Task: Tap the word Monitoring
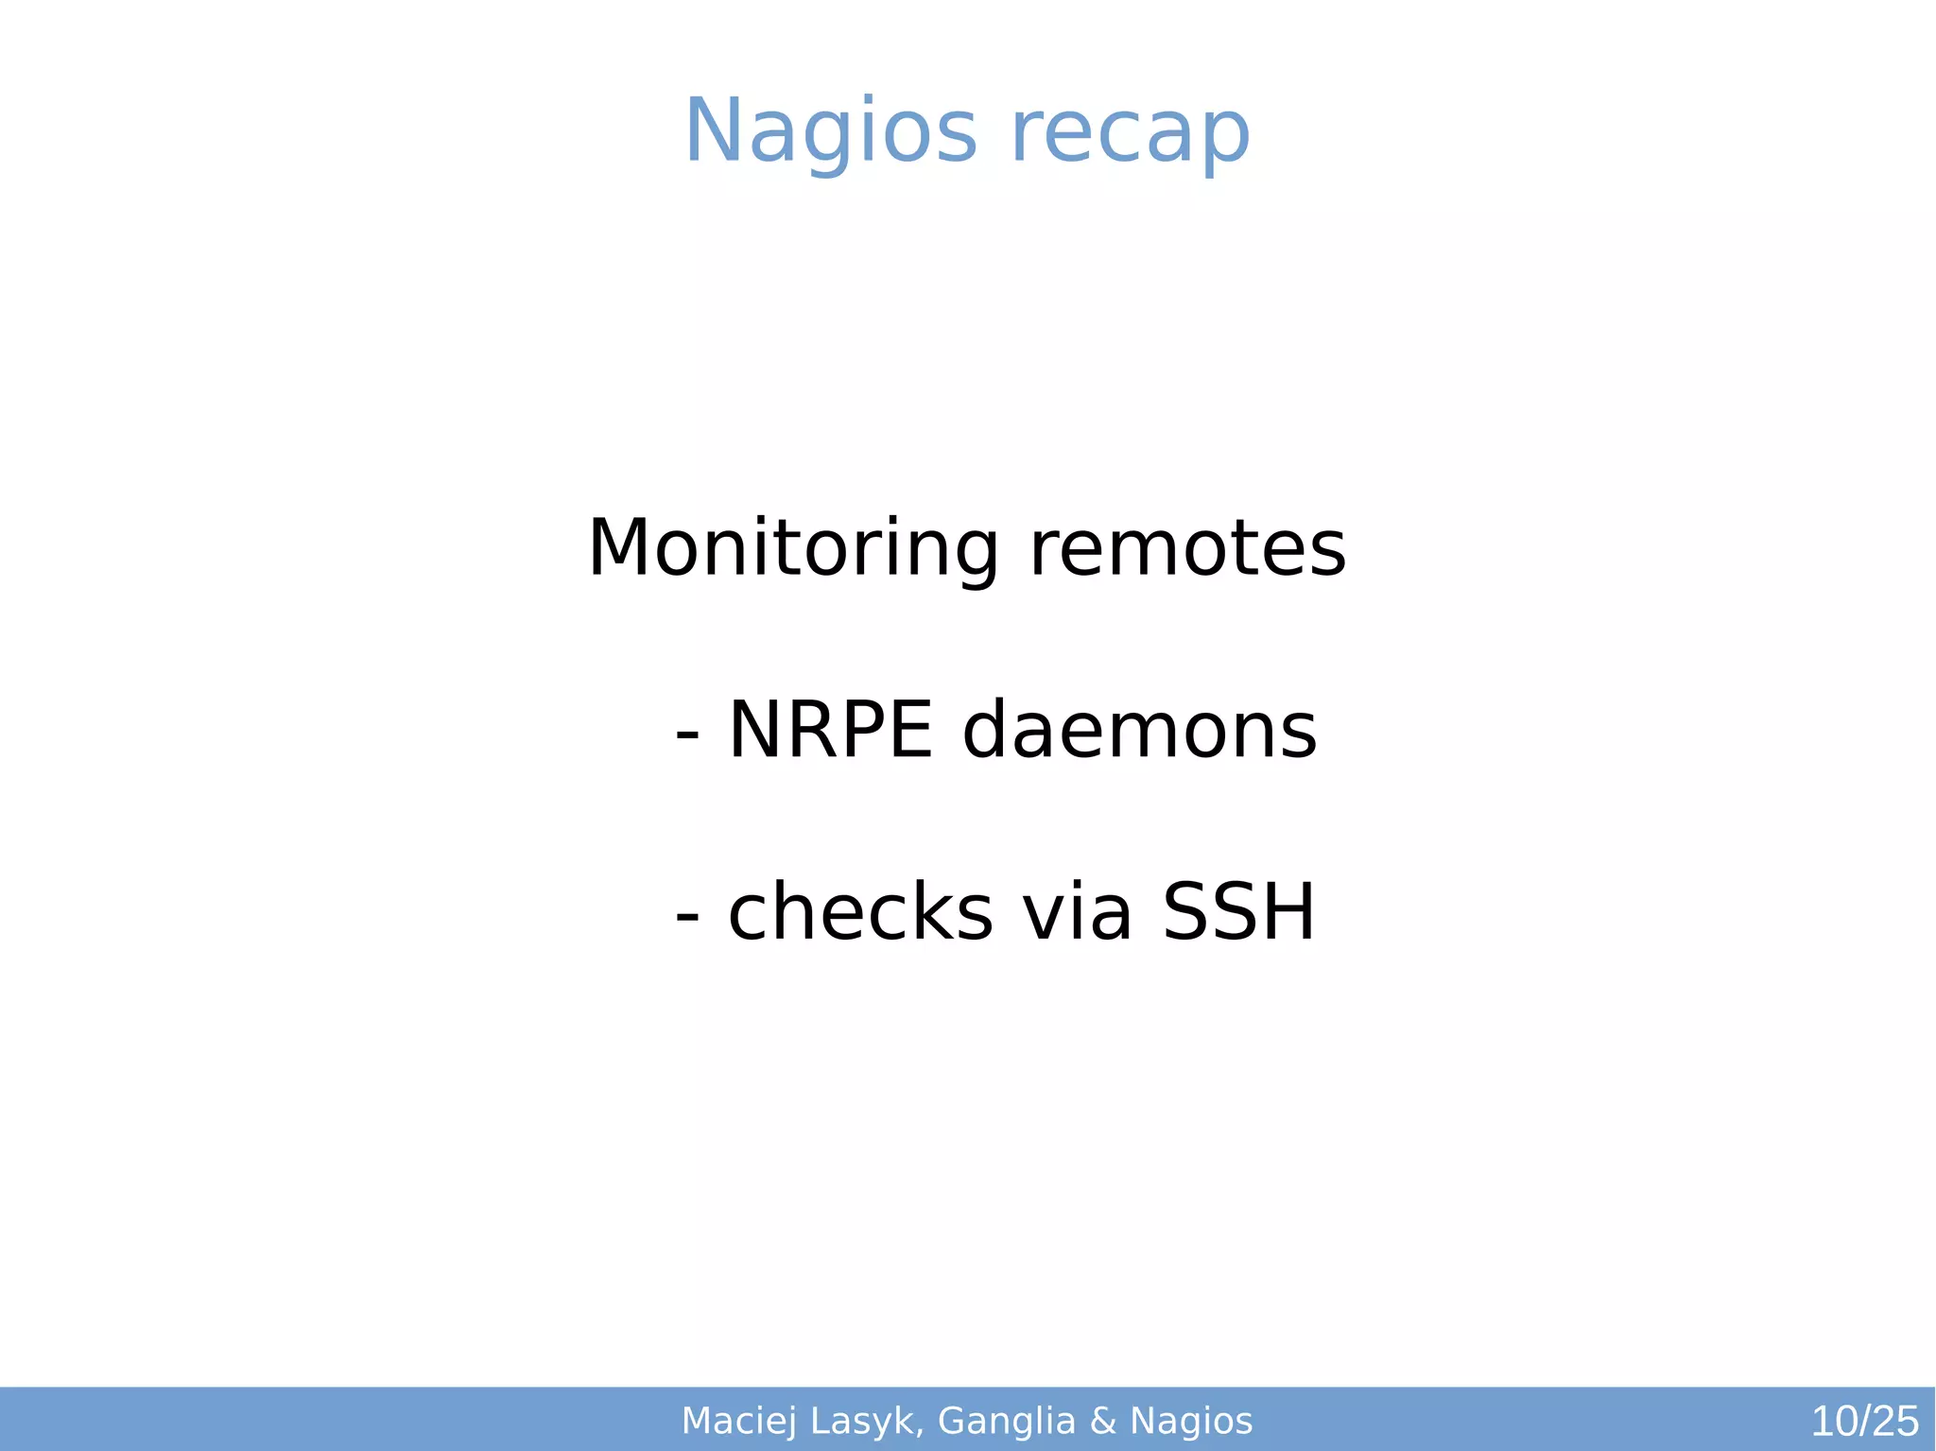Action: (x=792, y=548)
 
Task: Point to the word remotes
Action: (x=1187, y=548)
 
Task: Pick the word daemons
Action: (x=1139, y=730)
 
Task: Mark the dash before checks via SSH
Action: (x=688, y=916)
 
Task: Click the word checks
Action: (x=860, y=912)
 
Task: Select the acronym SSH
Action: (x=1238, y=912)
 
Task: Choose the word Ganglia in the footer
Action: (x=1007, y=1421)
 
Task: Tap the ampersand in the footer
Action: (x=1103, y=1421)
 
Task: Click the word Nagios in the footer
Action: (x=1191, y=1421)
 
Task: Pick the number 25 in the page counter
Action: (x=1895, y=1422)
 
